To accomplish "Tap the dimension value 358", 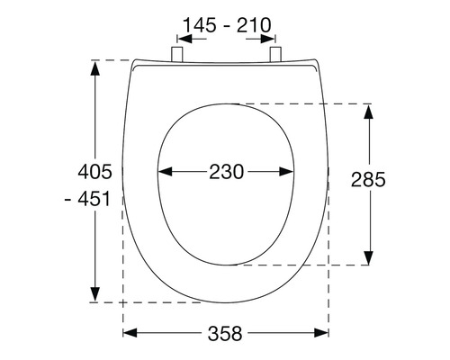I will coord(226,333).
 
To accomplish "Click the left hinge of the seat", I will coord(176,56).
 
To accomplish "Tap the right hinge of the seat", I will coord(274,56).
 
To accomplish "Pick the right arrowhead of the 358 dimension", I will coord(325,333).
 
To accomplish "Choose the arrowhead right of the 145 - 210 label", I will coord(273,38).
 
